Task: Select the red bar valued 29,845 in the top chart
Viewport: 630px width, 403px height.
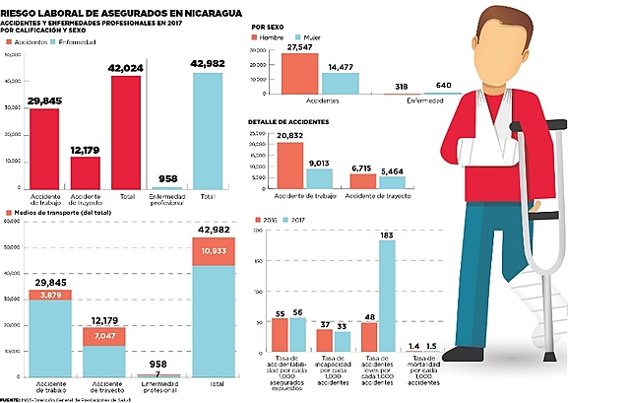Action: pos(44,148)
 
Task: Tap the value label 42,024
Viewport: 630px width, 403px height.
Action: pos(125,68)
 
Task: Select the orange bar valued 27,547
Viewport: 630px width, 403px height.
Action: pos(299,74)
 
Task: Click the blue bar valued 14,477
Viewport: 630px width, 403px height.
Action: pos(340,84)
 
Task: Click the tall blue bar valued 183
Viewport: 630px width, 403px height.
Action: pos(386,296)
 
